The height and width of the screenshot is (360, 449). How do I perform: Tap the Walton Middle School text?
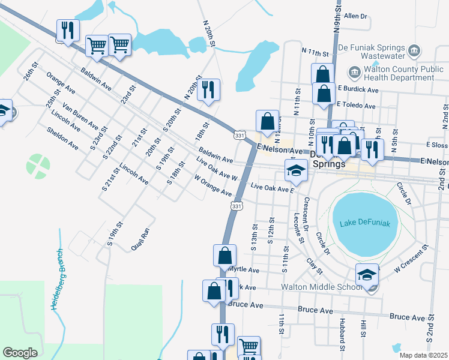pyautogui.click(x=322, y=287)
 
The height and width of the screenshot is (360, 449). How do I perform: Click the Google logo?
pyautogui.click(x=20, y=352)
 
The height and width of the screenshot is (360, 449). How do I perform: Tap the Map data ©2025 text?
pyautogui.click(x=423, y=355)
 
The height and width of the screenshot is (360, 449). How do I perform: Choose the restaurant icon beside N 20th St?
pyautogui.click(x=208, y=90)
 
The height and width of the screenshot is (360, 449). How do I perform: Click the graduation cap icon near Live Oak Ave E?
pyautogui.click(x=296, y=170)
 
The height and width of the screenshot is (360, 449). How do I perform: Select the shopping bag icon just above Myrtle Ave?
pyautogui.click(x=224, y=255)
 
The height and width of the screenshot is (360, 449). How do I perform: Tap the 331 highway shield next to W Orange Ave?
pyautogui.click(x=237, y=206)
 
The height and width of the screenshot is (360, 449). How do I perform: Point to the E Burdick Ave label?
pyautogui.click(x=358, y=89)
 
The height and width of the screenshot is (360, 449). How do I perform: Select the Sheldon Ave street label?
pyautogui.click(x=62, y=138)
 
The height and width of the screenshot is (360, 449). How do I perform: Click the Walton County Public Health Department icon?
pyautogui.click(x=354, y=73)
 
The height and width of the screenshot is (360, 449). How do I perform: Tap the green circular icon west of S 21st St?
pyautogui.click(x=38, y=163)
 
